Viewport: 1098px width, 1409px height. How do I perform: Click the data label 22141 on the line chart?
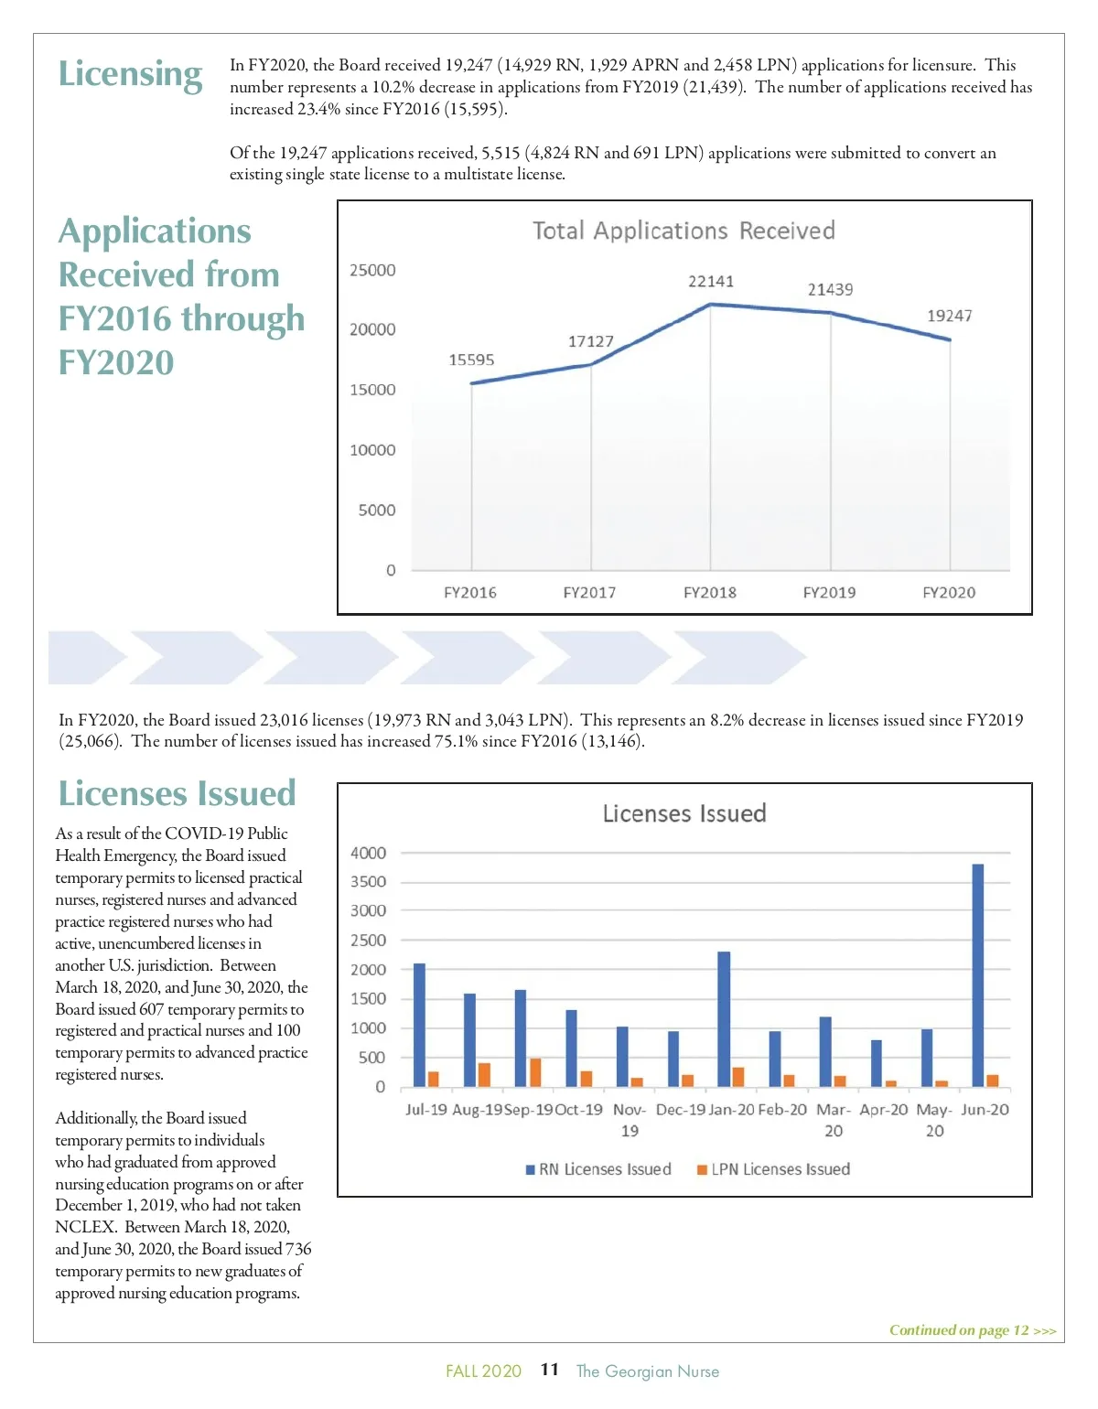tap(711, 282)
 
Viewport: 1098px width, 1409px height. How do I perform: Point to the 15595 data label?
tap(471, 360)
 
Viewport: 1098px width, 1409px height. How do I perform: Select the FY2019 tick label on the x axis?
tap(829, 593)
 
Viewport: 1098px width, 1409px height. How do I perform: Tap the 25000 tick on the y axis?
tap(372, 271)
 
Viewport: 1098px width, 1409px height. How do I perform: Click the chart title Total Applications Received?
tap(684, 231)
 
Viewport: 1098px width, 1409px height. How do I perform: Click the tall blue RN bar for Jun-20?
tap(977, 974)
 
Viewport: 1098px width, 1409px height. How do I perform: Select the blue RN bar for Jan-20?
tap(724, 1018)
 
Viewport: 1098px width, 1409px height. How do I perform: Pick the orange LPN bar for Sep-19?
tap(535, 1072)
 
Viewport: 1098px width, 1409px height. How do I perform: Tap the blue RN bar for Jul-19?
tap(419, 1025)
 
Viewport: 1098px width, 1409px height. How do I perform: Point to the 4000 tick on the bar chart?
tap(368, 853)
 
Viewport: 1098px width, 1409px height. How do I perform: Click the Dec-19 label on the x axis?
tap(681, 1110)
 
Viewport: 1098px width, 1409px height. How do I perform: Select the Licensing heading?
tap(130, 74)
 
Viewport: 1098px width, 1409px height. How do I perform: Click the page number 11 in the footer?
tap(549, 1370)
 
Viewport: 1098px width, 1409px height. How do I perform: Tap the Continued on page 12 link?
tap(973, 1330)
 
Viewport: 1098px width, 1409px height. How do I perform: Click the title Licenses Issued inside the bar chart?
tap(684, 813)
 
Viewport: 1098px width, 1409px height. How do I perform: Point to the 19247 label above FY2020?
tap(949, 317)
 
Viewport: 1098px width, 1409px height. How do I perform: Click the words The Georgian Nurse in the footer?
tap(647, 1371)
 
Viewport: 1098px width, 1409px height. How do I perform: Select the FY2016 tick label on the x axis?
tap(470, 593)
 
